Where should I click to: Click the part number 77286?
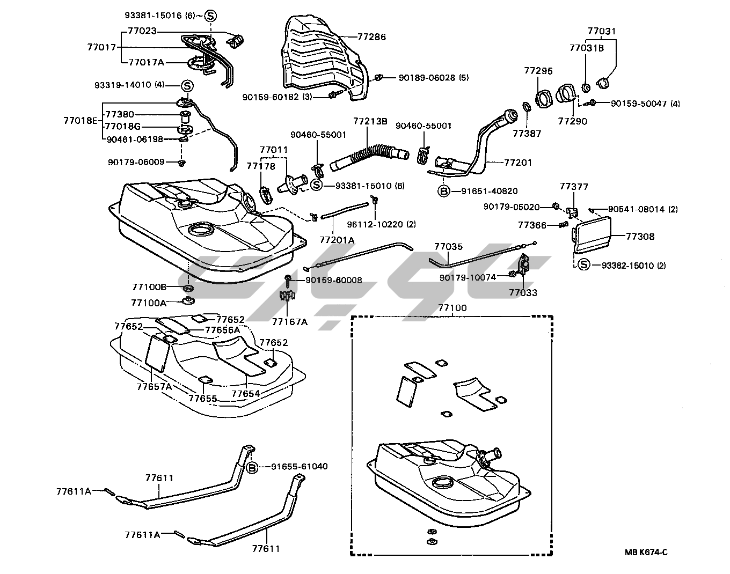coord(371,37)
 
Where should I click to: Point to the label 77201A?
coord(337,240)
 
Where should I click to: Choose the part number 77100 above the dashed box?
coord(452,308)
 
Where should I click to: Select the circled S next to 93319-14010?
coord(187,85)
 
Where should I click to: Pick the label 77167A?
coord(289,321)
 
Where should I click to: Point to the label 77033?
coord(523,293)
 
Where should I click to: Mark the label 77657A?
coord(154,386)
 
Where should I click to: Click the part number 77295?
coord(538,71)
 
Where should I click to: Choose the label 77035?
coord(448,247)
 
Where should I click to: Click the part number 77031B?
coord(586,48)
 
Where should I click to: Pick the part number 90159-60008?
coord(333,280)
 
